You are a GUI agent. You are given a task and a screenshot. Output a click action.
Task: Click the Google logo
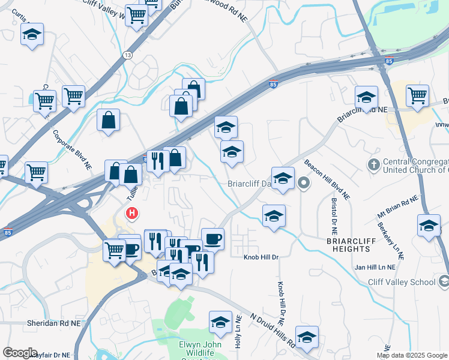(x=20, y=353)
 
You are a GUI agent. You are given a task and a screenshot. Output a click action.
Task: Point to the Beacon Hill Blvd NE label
(x=327, y=179)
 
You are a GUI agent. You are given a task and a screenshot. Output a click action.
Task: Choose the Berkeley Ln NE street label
(x=391, y=241)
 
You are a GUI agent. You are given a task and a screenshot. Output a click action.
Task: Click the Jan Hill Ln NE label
(x=375, y=267)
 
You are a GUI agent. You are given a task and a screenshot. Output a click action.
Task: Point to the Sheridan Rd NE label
(x=53, y=323)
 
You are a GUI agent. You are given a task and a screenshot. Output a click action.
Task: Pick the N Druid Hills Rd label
(x=273, y=329)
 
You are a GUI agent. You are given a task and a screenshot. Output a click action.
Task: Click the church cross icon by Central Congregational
(x=373, y=164)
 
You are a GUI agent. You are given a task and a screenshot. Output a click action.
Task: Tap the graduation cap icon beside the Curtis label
(x=32, y=35)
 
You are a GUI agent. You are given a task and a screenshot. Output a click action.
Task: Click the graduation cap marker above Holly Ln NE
(x=221, y=322)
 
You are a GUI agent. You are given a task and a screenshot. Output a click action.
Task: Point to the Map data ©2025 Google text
(x=412, y=355)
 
